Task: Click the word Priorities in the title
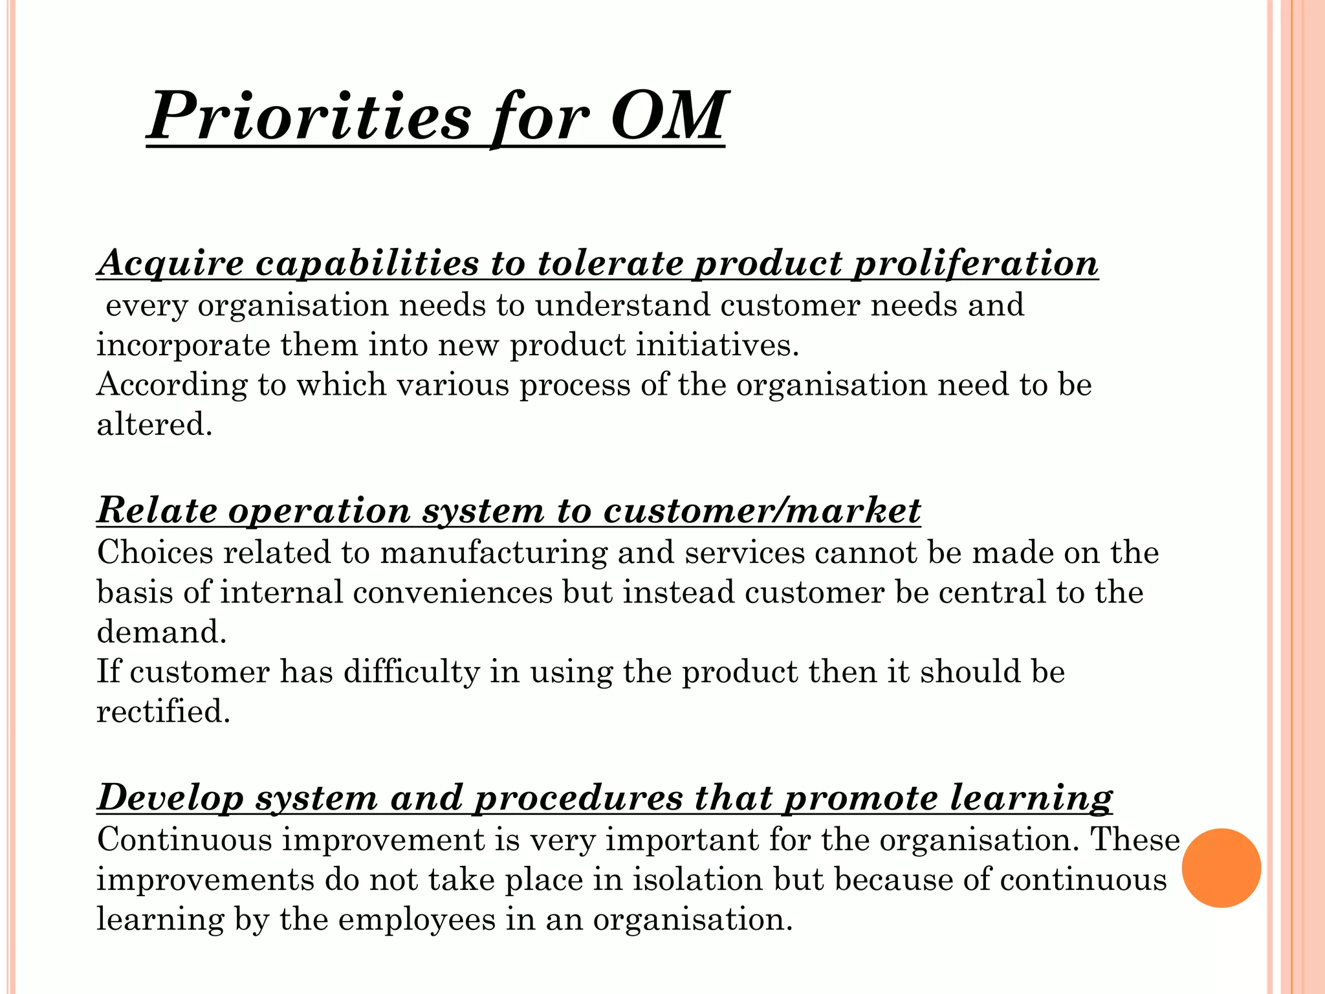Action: pyautogui.click(x=309, y=116)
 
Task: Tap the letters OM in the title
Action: pyautogui.click(x=667, y=116)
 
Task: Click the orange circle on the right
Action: pyautogui.click(x=1221, y=868)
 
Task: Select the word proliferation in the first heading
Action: pyautogui.click(x=975, y=263)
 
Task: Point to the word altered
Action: pyautogui.click(x=154, y=425)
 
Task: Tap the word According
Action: pyautogui.click(x=171, y=385)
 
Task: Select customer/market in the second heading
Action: pyautogui.click(x=761, y=511)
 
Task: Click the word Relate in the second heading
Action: pyautogui.click(x=157, y=511)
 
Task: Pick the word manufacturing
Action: pyautogui.click(x=494, y=553)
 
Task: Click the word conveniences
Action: pyautogui.click(x=452, y=593)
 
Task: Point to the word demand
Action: pyautogui.click(x=161, y=632)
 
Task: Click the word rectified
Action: pyautogui.click(x=163, y=712)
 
